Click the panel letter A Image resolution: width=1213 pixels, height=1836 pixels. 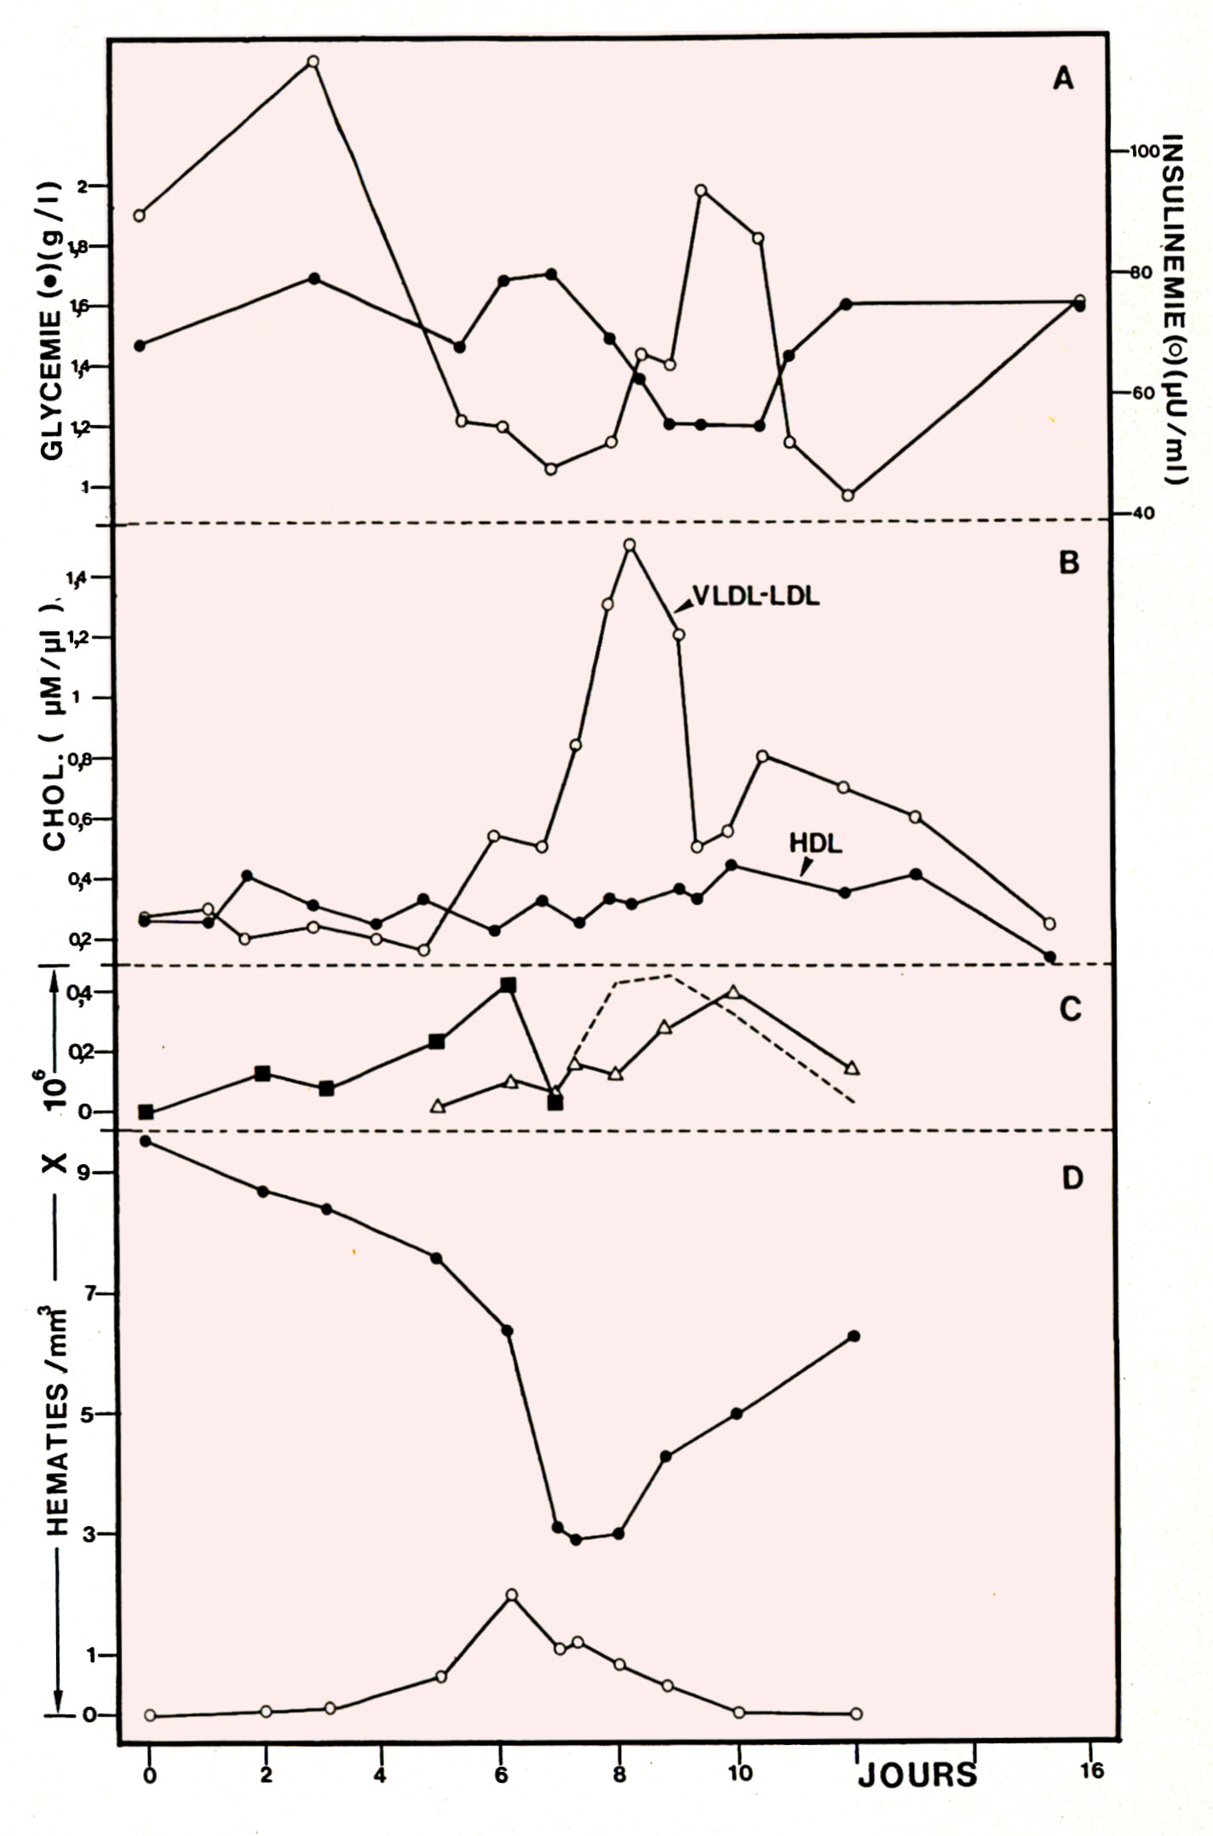pos(1063,79)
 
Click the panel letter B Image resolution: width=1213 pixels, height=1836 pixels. pos(1068,563)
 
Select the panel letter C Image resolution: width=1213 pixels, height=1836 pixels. pos(1070,1008)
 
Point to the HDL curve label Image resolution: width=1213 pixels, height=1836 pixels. pos(815,843)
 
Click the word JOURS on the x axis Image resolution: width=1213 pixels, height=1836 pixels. pos(917,1776)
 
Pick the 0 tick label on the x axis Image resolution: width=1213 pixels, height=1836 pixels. pos(150,1776)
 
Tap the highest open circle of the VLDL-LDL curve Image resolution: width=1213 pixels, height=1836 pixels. pos(629,545)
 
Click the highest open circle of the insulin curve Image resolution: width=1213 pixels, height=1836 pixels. pos(313,61)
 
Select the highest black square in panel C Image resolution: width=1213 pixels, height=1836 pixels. pos(508,984)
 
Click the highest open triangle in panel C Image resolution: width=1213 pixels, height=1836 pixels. pos(733,991)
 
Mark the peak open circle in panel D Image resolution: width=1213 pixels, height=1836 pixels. pos(511,1594)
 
